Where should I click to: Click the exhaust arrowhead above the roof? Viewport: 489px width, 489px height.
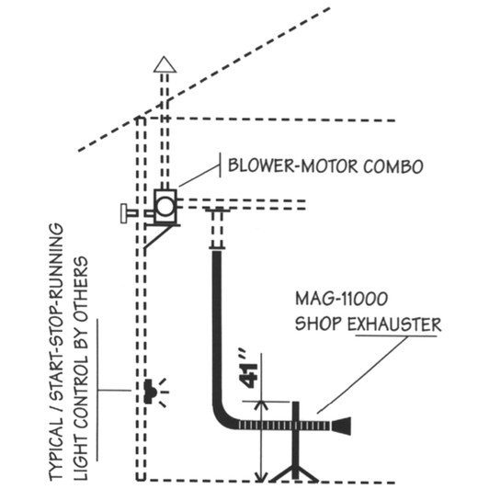(164, 64)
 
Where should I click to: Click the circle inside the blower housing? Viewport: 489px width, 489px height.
(165, 206)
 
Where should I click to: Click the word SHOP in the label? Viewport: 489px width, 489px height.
(314, 324)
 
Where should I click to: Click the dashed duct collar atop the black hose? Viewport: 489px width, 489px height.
(218, 230)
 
